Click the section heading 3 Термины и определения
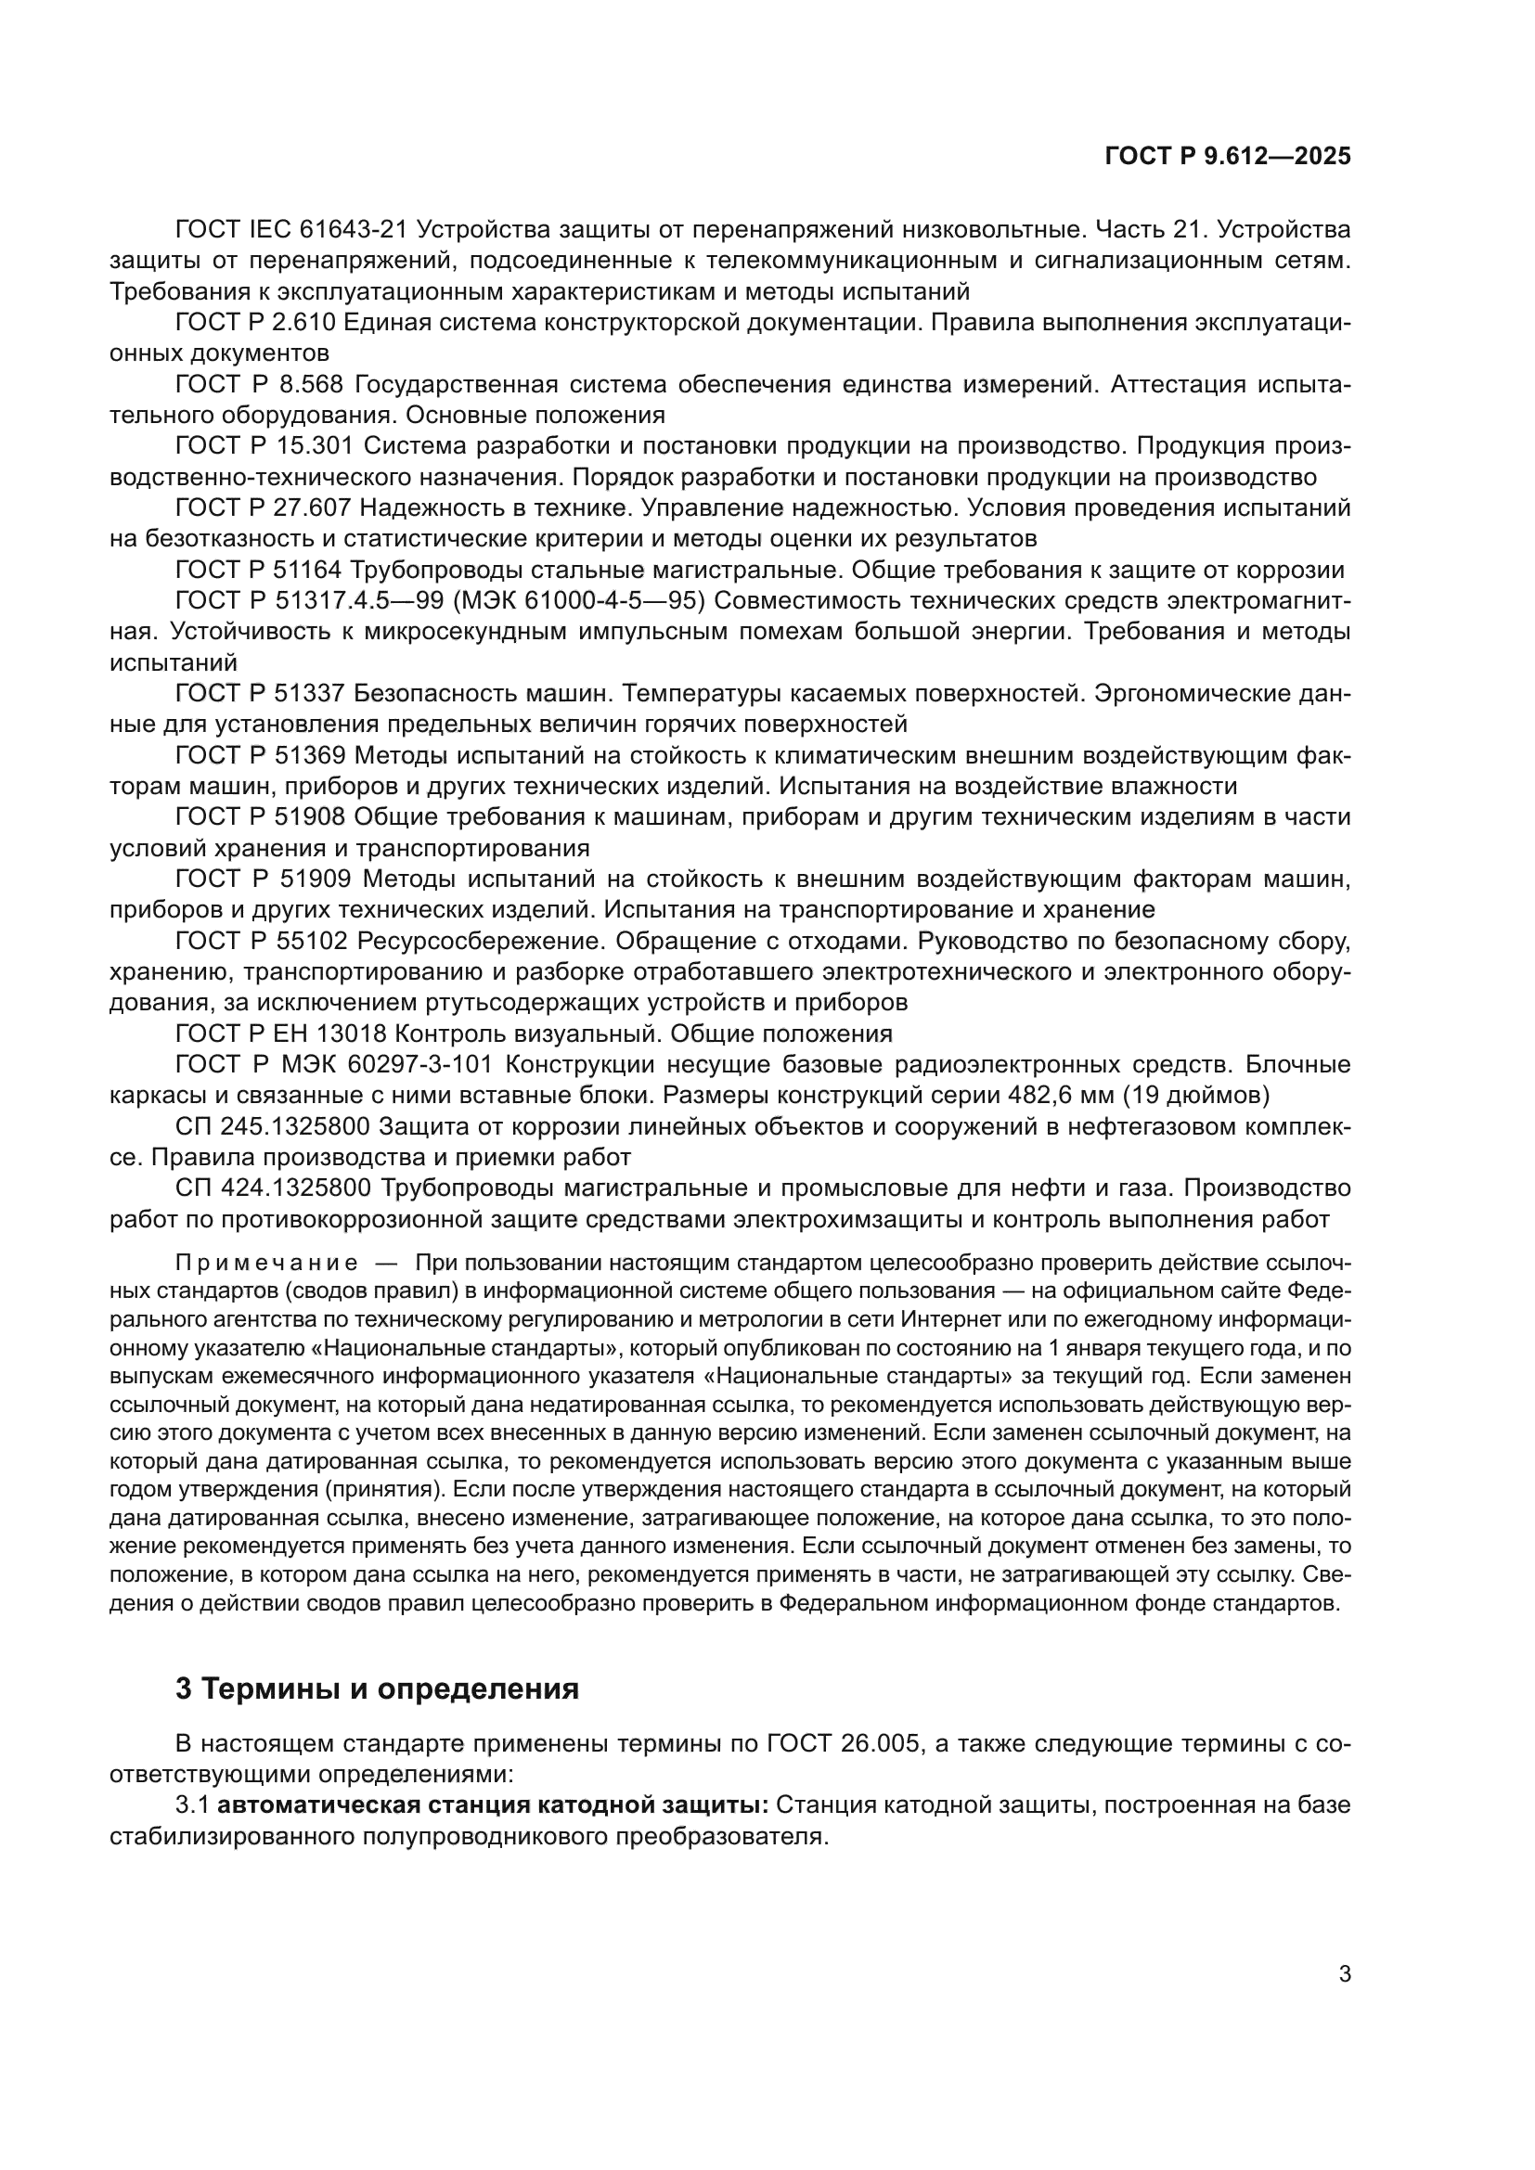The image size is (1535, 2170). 377,1687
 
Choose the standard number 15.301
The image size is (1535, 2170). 310,446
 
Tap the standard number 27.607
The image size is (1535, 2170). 310,508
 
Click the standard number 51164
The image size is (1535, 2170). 310,570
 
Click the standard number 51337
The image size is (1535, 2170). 310,694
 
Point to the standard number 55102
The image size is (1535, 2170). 310,942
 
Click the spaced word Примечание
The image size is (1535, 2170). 266,1265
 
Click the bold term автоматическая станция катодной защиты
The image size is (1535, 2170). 493,1805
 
